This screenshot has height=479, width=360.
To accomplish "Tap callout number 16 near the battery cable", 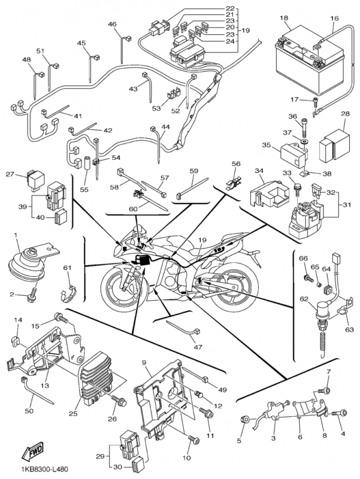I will pos(335,19).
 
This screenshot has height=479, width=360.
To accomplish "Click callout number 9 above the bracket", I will pos(144,363).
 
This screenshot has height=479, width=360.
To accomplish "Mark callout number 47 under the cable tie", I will pos(195,347).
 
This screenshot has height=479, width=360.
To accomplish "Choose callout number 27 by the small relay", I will pos(10,175).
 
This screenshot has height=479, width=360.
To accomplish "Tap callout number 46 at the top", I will pos(112,24).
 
